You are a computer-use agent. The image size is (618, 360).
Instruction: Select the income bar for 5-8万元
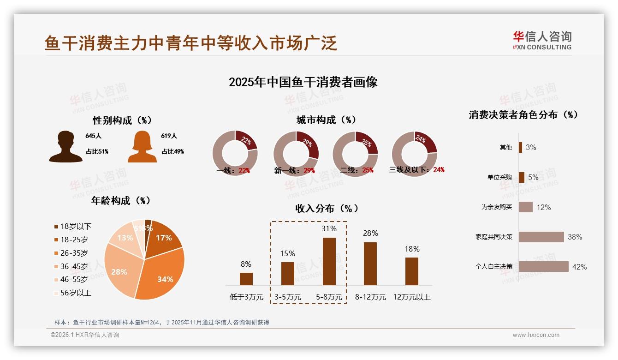click(x=329, y=261)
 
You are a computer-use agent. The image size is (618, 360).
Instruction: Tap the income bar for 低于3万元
click(x=246, y=279)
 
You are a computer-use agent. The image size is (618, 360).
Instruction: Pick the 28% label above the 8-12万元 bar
click(x=370, y=234)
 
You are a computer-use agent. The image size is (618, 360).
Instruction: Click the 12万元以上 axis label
click(x=411, y=297)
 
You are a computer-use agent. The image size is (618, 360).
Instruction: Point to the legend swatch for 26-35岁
click(x=56, y=253)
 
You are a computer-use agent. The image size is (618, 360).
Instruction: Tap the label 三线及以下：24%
click(x=416, y=170)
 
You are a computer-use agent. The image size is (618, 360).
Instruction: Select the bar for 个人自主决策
click(x=543, y=267)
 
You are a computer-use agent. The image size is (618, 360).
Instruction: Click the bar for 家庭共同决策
click(x=541, y=237)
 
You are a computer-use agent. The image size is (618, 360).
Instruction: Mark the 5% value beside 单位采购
click(x=533, y=178)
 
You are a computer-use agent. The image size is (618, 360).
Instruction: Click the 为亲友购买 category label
click(x=496, y=207)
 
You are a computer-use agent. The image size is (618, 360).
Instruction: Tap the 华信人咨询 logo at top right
click(x=542, y=41)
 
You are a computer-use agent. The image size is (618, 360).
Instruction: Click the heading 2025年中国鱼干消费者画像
click(x=303, y=82)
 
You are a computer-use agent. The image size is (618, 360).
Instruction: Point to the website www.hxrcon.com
click(x=536, y=335)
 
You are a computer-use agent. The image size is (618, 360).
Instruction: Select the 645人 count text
click(x=93, y=136)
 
